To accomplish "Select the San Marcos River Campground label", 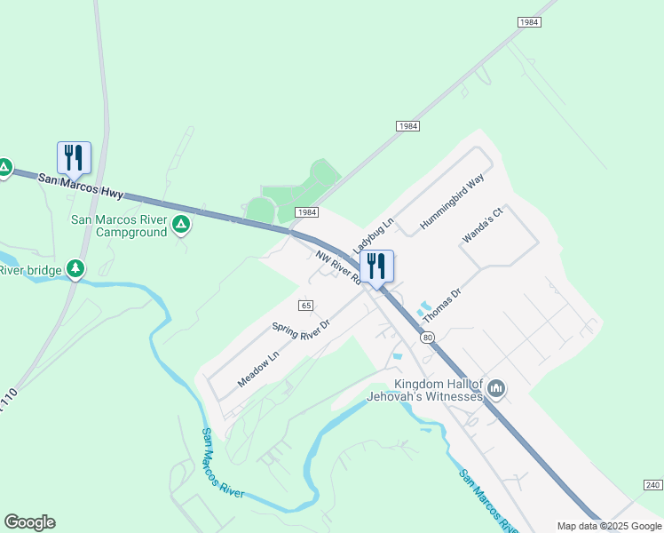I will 119,226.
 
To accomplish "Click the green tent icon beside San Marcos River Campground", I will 181,226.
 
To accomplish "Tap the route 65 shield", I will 305,305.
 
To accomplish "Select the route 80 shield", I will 428,337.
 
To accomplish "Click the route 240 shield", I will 652,484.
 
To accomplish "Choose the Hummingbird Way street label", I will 452,203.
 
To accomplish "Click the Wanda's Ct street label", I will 482,226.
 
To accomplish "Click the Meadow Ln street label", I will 257,369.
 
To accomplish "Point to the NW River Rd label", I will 338,266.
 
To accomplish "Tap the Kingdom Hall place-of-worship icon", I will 496,388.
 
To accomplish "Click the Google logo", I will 29,522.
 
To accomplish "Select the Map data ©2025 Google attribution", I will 609,526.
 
